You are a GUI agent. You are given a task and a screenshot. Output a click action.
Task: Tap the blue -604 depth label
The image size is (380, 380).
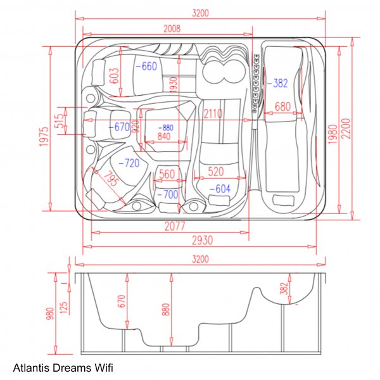219,189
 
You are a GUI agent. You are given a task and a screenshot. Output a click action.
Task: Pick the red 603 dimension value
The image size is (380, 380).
114,75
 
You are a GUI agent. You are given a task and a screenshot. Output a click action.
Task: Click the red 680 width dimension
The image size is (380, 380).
282,107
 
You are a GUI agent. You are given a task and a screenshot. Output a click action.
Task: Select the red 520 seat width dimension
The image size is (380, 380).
215,172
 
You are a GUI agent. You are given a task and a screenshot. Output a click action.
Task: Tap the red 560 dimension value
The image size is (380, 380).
167,174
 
